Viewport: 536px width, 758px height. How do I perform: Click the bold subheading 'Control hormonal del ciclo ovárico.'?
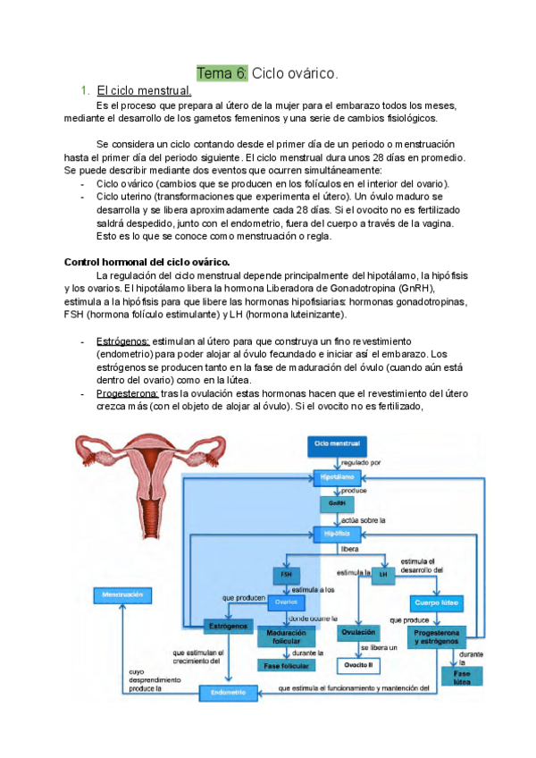[147, 261]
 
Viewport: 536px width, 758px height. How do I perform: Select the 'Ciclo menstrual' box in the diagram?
[337, 443]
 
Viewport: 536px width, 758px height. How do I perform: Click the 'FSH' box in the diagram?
[285, 575]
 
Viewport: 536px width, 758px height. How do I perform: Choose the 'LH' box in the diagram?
[382, 575]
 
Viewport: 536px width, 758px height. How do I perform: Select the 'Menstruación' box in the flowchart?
[123, 594]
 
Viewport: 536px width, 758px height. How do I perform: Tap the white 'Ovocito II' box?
[358, 665]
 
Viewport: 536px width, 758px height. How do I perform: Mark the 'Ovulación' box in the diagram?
[357, 632]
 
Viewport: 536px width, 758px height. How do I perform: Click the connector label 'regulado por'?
[361, 462]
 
